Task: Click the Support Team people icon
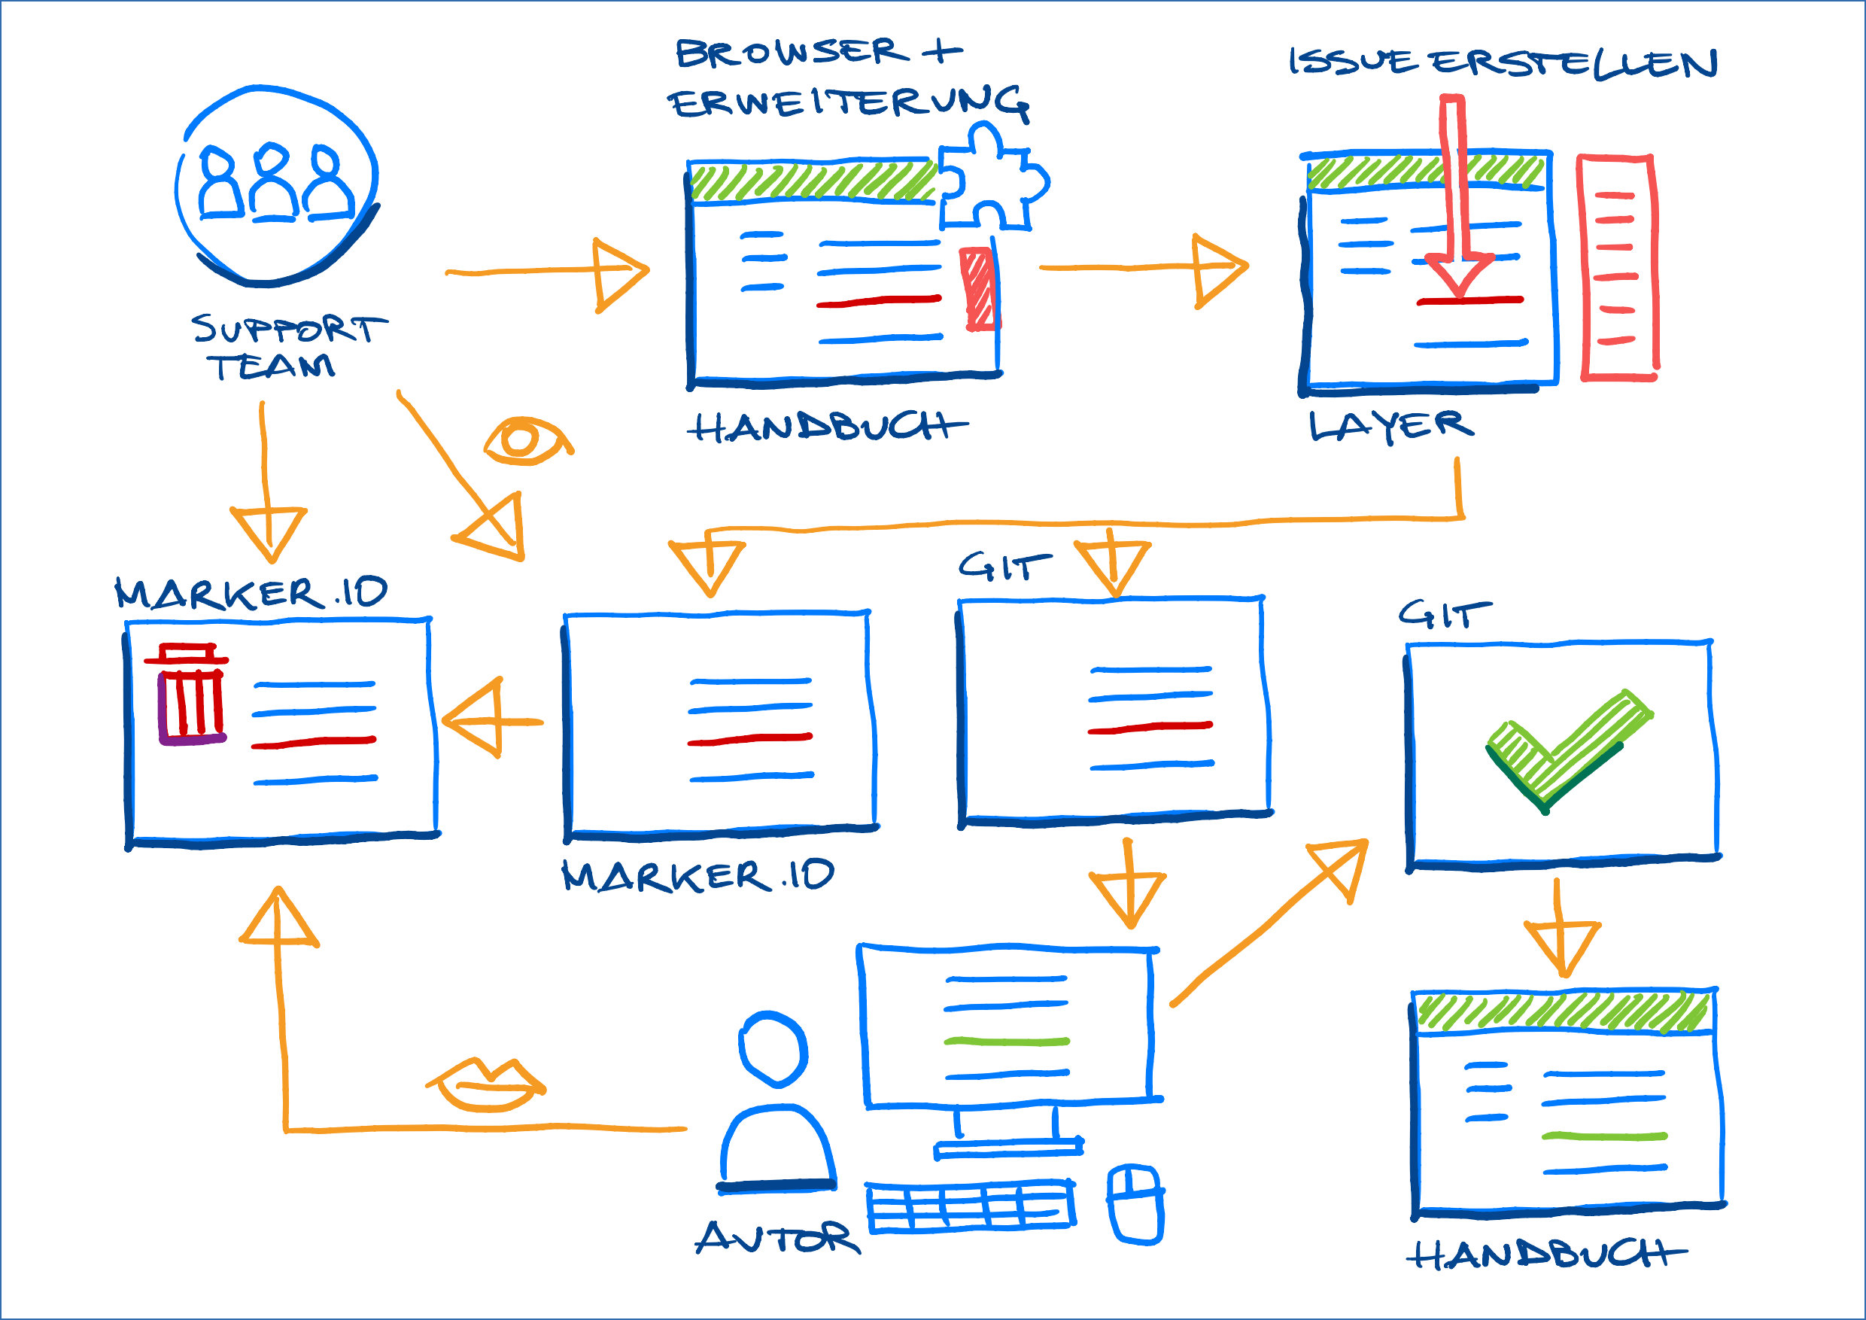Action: pyautogui.click(x=276, y=185)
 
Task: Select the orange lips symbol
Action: pyautogui.click(x=486, y=1085)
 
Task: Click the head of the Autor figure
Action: pyautogui.click(x=773, y=1048)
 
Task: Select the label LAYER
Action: pyautogui.click(x=1390, y=426)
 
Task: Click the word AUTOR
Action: pyautogui.click(x=776, y=1238)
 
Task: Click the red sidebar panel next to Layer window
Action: pyautogui.click(x=1617, y=268)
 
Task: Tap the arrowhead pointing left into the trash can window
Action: pyautogui.click(x=476, y=720)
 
